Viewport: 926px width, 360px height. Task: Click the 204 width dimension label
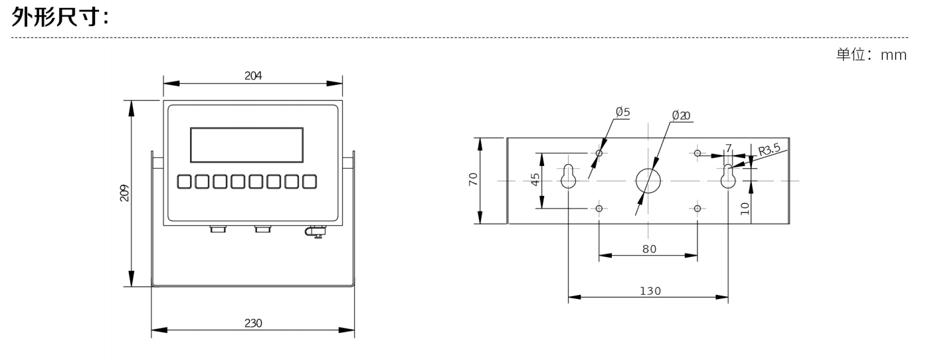(x=253, y=76)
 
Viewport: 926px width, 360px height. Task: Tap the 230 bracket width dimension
(x=253, y=323)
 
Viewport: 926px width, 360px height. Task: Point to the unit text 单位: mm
(x=871, y=55)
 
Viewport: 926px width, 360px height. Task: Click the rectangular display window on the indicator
(x=246, y=145)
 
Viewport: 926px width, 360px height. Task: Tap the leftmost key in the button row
(x=185, y=181)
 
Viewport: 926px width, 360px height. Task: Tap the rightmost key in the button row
(x=309, y=181)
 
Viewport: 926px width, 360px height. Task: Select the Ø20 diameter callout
(x=680, y=116)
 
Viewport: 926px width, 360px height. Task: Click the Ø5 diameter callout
(x=622, y=113)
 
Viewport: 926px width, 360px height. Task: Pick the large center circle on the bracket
(x=648, y=181)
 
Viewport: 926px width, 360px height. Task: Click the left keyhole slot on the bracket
(x=569, y=175)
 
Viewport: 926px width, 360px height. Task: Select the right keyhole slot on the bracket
(x=729, y=175)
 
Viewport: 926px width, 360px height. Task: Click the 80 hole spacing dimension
(x=649, y=248)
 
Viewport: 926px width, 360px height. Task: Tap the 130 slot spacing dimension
(x=649, y=291)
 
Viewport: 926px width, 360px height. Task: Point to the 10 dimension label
(x=745, y=207)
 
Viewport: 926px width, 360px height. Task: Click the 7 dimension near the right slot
(x=729, y=147)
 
